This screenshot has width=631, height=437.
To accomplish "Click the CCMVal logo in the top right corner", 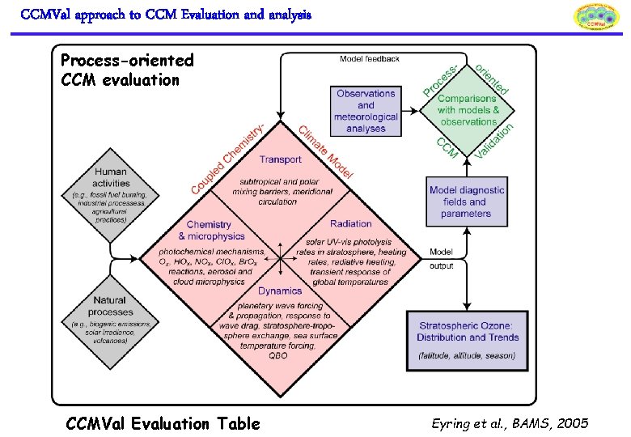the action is [595, 18].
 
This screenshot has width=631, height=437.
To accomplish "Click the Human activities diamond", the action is [110, 193].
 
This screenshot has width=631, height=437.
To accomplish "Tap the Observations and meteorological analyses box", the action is [366, 111].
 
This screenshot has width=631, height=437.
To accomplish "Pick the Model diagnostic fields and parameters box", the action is [466, 202].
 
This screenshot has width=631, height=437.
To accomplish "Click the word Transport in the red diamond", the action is [281, 159].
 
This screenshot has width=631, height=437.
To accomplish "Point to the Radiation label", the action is [351, 223].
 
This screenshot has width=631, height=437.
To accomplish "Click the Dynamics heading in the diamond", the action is [280, 291].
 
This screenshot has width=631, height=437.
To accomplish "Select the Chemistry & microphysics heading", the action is [210, 230].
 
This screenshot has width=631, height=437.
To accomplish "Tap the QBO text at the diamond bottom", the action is [278, 355].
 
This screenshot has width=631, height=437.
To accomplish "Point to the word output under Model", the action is [442, 265].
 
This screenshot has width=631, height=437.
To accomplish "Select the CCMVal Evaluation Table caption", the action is [163, 423].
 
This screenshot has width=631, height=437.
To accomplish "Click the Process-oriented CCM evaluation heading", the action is [127, 70].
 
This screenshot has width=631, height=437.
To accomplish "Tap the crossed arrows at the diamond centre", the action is [281, 257].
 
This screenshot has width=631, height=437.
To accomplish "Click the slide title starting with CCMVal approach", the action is [165, 15].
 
